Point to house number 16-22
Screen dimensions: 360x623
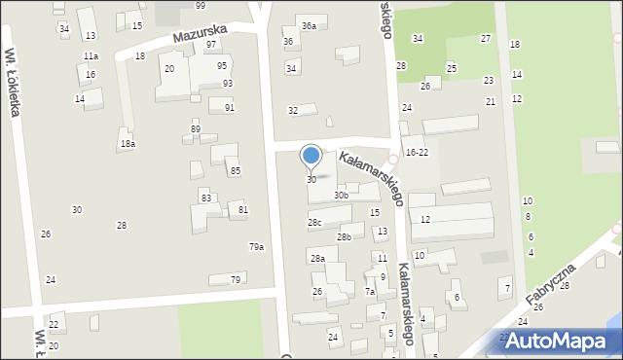point(417,153)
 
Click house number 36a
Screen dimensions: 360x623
point(309,25)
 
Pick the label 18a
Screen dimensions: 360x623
point(128,144)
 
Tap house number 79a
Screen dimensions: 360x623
point(256,247)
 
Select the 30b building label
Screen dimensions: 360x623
point(341,196)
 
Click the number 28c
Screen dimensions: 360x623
point(314,223)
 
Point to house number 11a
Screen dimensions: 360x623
point(91,56)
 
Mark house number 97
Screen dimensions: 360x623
point(211,45)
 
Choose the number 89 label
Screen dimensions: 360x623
point(196,129)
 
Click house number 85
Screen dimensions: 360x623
point(236,171)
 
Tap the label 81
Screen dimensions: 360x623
point(243,210)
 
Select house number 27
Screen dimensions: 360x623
point(486,38)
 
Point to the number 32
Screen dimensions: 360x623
point(293,110)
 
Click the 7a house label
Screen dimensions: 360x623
point(370,291)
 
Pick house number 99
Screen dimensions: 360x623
point(200,6)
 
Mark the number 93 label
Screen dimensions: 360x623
point(228,84)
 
